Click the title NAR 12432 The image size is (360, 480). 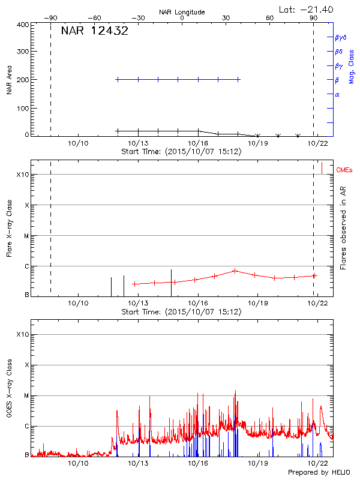point(94,31)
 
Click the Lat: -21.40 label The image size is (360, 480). point(307,9)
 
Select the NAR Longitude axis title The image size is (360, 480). point(182,12)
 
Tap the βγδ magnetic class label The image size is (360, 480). point(340,37)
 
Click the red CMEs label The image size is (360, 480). point(345,170)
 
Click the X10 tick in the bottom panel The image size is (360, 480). point(22,334)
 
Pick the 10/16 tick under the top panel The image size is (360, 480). point(198,143)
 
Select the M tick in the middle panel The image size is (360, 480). point(26,236)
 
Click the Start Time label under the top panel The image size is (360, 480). point(181,152)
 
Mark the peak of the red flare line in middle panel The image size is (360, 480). point(235,270)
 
